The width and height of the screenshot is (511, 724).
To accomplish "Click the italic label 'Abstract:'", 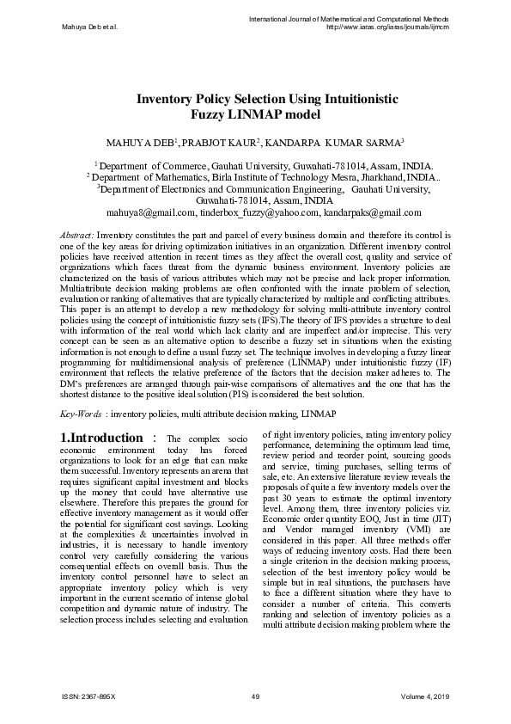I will [76, 234].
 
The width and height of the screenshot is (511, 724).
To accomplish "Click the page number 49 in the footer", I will [255, 696].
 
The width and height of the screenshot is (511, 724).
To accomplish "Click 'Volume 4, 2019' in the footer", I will [425, 696].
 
